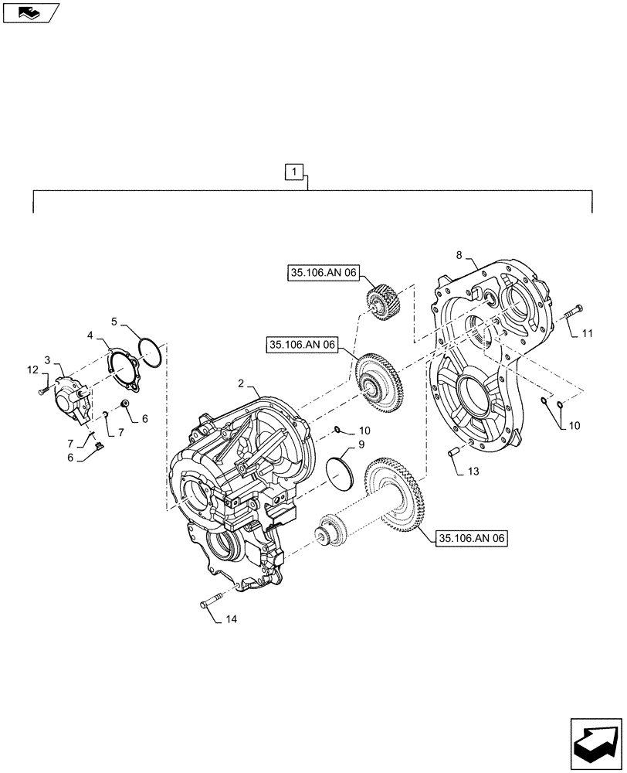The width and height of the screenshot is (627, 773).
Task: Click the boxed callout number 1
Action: point(297,171)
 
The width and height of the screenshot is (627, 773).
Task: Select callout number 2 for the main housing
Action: point(241,383)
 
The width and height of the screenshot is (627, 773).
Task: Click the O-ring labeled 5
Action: point(150,349)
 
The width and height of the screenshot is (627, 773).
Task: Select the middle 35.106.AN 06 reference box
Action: point(303,346)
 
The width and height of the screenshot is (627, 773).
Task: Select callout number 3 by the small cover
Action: point(47,361)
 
